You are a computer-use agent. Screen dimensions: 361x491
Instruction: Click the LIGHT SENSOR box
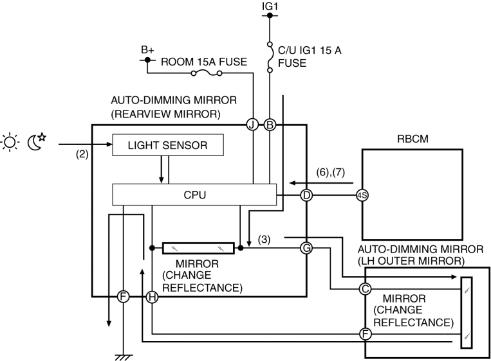168,145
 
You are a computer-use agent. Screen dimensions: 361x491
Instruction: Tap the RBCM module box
411,193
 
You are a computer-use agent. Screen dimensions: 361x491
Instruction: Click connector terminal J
252,125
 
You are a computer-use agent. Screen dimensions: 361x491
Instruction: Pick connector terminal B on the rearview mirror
270,125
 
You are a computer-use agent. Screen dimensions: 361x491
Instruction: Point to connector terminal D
306,195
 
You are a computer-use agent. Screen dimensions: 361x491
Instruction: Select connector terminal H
152,297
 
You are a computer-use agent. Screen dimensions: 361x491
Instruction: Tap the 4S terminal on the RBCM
362,195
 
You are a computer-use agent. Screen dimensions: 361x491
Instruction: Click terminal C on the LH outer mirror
365,289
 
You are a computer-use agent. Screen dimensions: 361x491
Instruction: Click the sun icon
12,141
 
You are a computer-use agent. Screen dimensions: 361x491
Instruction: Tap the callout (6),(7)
332,172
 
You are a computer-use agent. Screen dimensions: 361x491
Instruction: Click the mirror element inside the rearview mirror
198,247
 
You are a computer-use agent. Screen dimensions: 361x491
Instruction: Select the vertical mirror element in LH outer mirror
467,313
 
